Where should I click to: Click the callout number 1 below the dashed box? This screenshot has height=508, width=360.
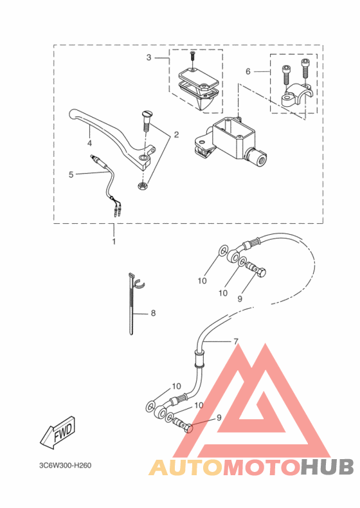click(114, 241)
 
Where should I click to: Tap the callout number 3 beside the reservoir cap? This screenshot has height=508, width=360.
click(148, 58)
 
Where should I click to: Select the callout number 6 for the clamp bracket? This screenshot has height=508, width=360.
click(248, 71)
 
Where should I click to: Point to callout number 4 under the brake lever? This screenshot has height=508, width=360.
click(89, 143)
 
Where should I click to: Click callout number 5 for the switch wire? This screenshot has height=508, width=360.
click(71, 175)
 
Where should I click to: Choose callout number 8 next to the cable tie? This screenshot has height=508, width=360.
click(153, 313)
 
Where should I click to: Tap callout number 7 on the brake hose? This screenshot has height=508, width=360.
click(236, 341)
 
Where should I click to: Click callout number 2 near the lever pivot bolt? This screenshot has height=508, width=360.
click(176, 134)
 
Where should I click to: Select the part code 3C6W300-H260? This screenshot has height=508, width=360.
click(66, 466)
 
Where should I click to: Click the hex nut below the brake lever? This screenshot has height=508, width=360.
click(142, 186)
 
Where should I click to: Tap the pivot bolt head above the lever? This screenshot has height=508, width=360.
click(147, 114)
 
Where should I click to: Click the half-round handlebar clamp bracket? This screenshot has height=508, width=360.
click(297, 95)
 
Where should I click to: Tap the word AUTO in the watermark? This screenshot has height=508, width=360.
click(186, 467)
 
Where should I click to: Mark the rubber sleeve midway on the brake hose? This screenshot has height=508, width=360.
click(199, 359)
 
